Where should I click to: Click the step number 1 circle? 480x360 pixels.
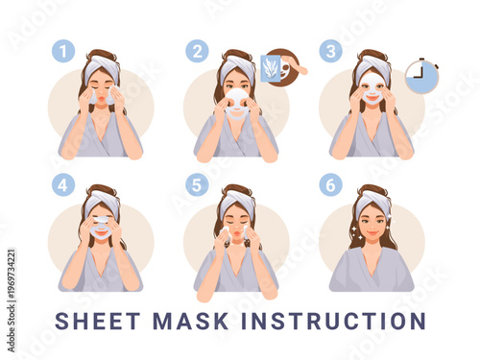point(62,51)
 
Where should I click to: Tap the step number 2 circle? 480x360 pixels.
point(197,51)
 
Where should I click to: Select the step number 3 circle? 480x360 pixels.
point(331,51)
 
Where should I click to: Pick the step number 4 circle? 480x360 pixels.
point(62,184)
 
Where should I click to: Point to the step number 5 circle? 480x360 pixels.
point(197,184)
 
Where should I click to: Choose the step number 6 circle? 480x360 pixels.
point(331,184)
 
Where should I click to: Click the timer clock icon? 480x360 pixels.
point(420,76)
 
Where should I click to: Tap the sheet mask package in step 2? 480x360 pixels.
point(270,68)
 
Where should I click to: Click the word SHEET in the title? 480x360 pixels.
point(94,321)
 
